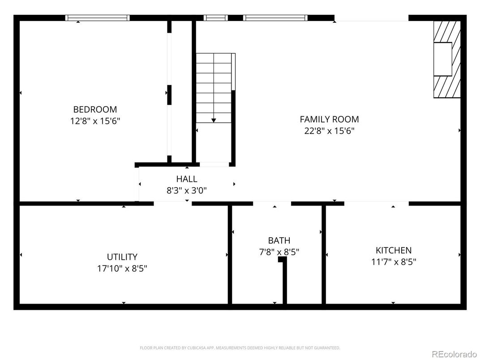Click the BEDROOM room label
(x=95, y=109)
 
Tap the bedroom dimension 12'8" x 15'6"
(x=95, y=121)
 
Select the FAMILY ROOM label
(x=329, y=119)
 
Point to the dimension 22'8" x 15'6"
(x=329, y=131)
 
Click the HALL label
(x=186, y=179)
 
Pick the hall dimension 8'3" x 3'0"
(x=186, y=190)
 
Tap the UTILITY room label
(x=122, y=257)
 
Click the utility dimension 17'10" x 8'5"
(x=122, y=269)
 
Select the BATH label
(x=279, y=240)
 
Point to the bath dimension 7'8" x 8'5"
(x=279, y=252)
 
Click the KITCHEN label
(x=393, y=250)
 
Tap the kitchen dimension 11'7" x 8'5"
(x=393, y=262)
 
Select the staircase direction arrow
(x=214, y=120)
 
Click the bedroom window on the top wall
(x=97, y=18)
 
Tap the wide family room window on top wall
(x=275, y=18)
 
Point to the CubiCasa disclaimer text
(x=240, y=347)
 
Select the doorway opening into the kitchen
(x=376, y=204)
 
